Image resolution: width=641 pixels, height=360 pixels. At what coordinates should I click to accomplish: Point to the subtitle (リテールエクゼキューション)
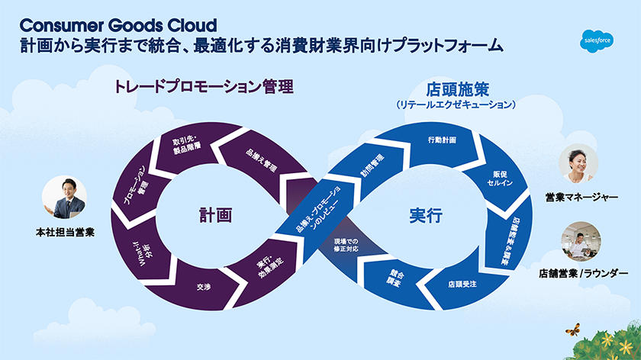(x=456, y=103)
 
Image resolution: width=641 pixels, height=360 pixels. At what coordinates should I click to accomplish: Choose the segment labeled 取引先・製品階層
(x=188, y=146)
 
